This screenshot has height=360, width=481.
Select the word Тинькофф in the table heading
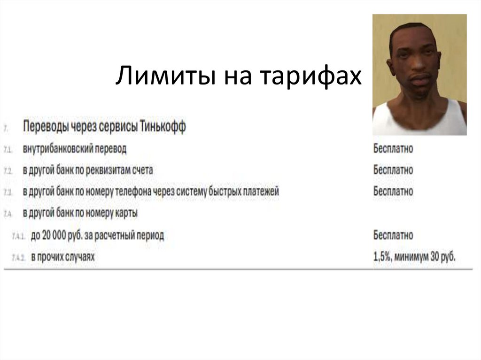163,127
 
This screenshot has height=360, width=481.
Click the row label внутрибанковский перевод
75,149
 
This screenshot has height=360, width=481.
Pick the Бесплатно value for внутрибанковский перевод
393,149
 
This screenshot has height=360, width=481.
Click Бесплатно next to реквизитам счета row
393,169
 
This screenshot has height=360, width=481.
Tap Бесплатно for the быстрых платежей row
393,191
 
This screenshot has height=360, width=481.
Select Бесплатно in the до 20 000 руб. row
393,234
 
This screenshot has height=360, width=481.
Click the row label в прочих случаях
62,257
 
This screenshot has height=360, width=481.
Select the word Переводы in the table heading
45,127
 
